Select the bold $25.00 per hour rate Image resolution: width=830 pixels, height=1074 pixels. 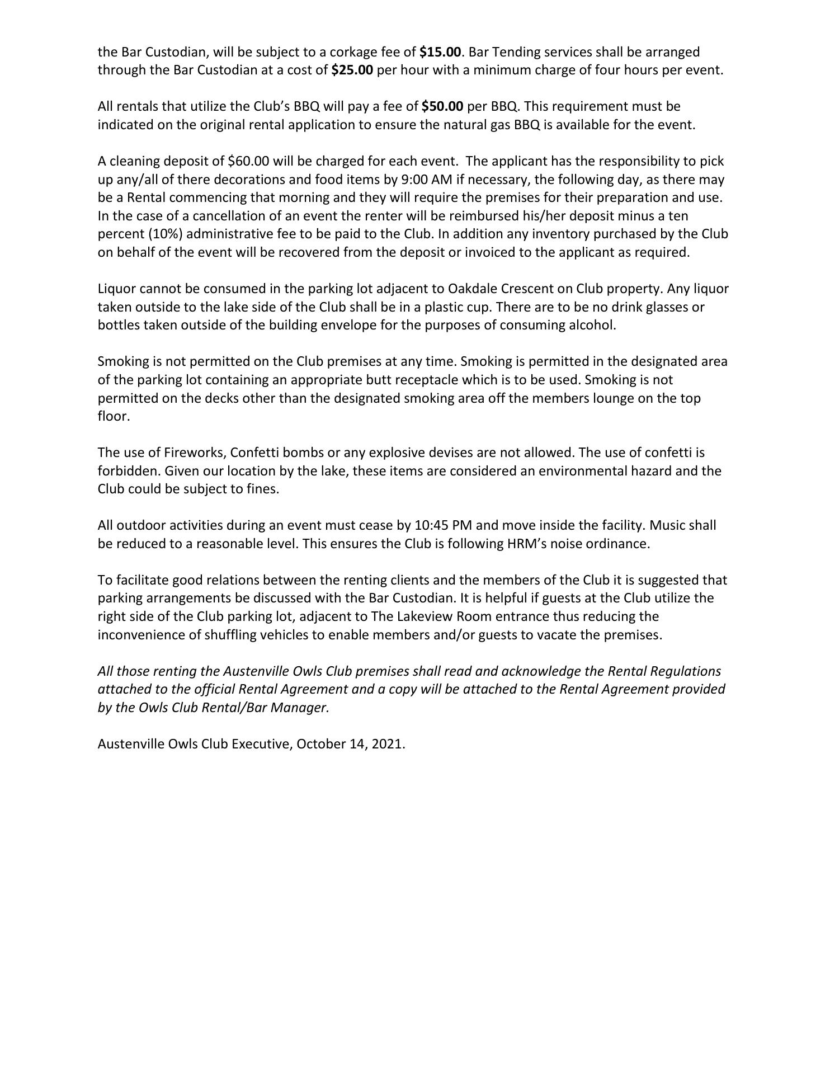[352, 70]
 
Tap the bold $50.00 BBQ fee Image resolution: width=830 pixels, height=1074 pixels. [442, 106]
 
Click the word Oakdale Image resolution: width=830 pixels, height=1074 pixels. [470, 289]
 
